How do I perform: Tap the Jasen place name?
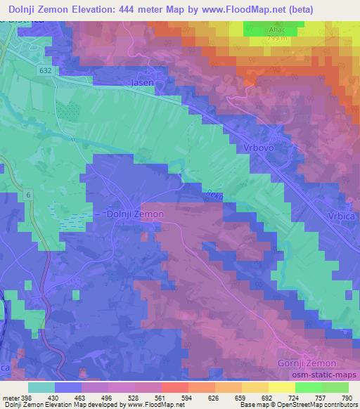click(x=143, y=82)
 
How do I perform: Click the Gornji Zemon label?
click(x=307, y=363)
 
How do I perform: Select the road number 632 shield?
click(x=46, y=70)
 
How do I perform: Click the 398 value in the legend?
click(x=27, y=398)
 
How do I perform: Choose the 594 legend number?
click(x=185, y=398)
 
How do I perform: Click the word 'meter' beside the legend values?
click(x=9, y=398)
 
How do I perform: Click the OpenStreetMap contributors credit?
click(x=321, y=405)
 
